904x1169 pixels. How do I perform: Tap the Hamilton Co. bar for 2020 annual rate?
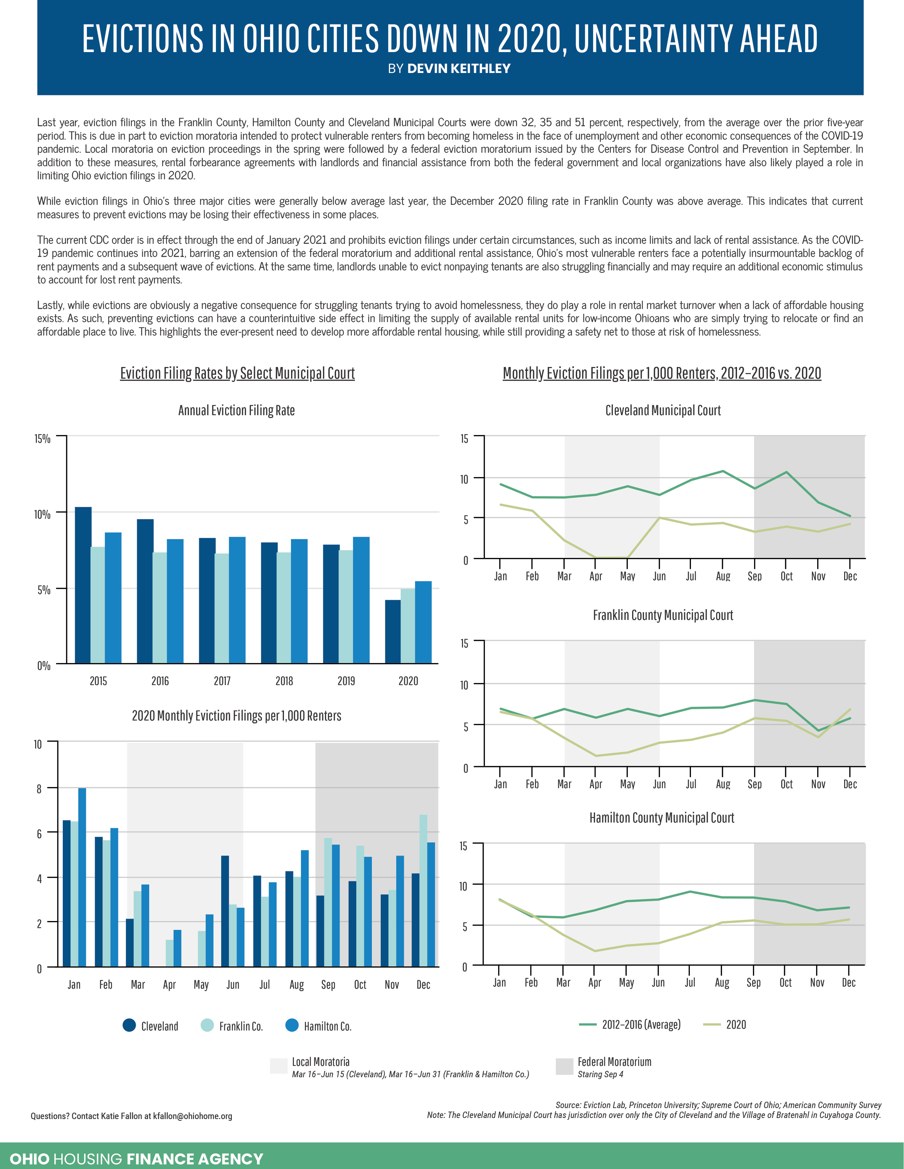[x=423, y=622]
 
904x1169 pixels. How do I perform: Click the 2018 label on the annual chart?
[x=284, y=681]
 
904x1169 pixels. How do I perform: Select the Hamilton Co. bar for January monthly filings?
[x=82, y=877]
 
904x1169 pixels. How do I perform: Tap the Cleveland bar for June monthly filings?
[x=225, y=911]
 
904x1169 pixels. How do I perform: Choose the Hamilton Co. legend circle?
[x=292, y=1025]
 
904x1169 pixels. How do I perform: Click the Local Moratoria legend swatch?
[x=279, y=1066]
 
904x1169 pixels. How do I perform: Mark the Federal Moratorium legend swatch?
[x=564, y=1066]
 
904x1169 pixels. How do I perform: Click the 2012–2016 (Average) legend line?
[x=587, y=1024]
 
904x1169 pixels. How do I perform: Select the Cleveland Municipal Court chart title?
[x=663, y=411]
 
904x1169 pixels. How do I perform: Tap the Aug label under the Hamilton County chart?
[x=721, y=983]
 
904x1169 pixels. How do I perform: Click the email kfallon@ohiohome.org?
[x=192, y=1116]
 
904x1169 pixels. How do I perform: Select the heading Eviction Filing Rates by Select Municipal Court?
[x=237, y=373]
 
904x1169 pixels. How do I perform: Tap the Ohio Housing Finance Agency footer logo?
[x=136, y=1159]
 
